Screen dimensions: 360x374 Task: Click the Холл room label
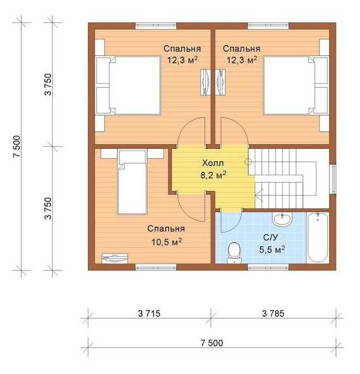click(213, 163)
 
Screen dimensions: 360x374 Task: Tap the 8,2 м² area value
click(213, 175)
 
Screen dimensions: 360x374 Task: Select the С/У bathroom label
click(271, 237)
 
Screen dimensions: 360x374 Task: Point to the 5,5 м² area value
click(272, 250)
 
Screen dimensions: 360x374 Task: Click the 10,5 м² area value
click(166, 242)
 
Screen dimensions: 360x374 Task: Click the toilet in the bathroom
click(234, 253)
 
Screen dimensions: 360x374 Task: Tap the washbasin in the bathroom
click(283, 219)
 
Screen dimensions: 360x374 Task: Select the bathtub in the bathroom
click(317, 237)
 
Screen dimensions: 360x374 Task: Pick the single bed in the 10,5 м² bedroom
click(132, 182)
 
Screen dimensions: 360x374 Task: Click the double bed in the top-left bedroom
click(128, 86)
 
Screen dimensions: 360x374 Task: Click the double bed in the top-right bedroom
click(296, 86)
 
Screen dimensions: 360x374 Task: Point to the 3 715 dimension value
click(149, 314)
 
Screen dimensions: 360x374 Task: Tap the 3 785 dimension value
click(273, 314)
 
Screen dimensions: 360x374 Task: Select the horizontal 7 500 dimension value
click(212, 343)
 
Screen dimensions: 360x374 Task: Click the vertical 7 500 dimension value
click(17, 147)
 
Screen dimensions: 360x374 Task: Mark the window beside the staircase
click(334, 179)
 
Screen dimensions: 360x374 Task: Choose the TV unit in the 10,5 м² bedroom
click(115, 258)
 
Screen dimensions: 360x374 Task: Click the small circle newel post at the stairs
click(249, 162)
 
